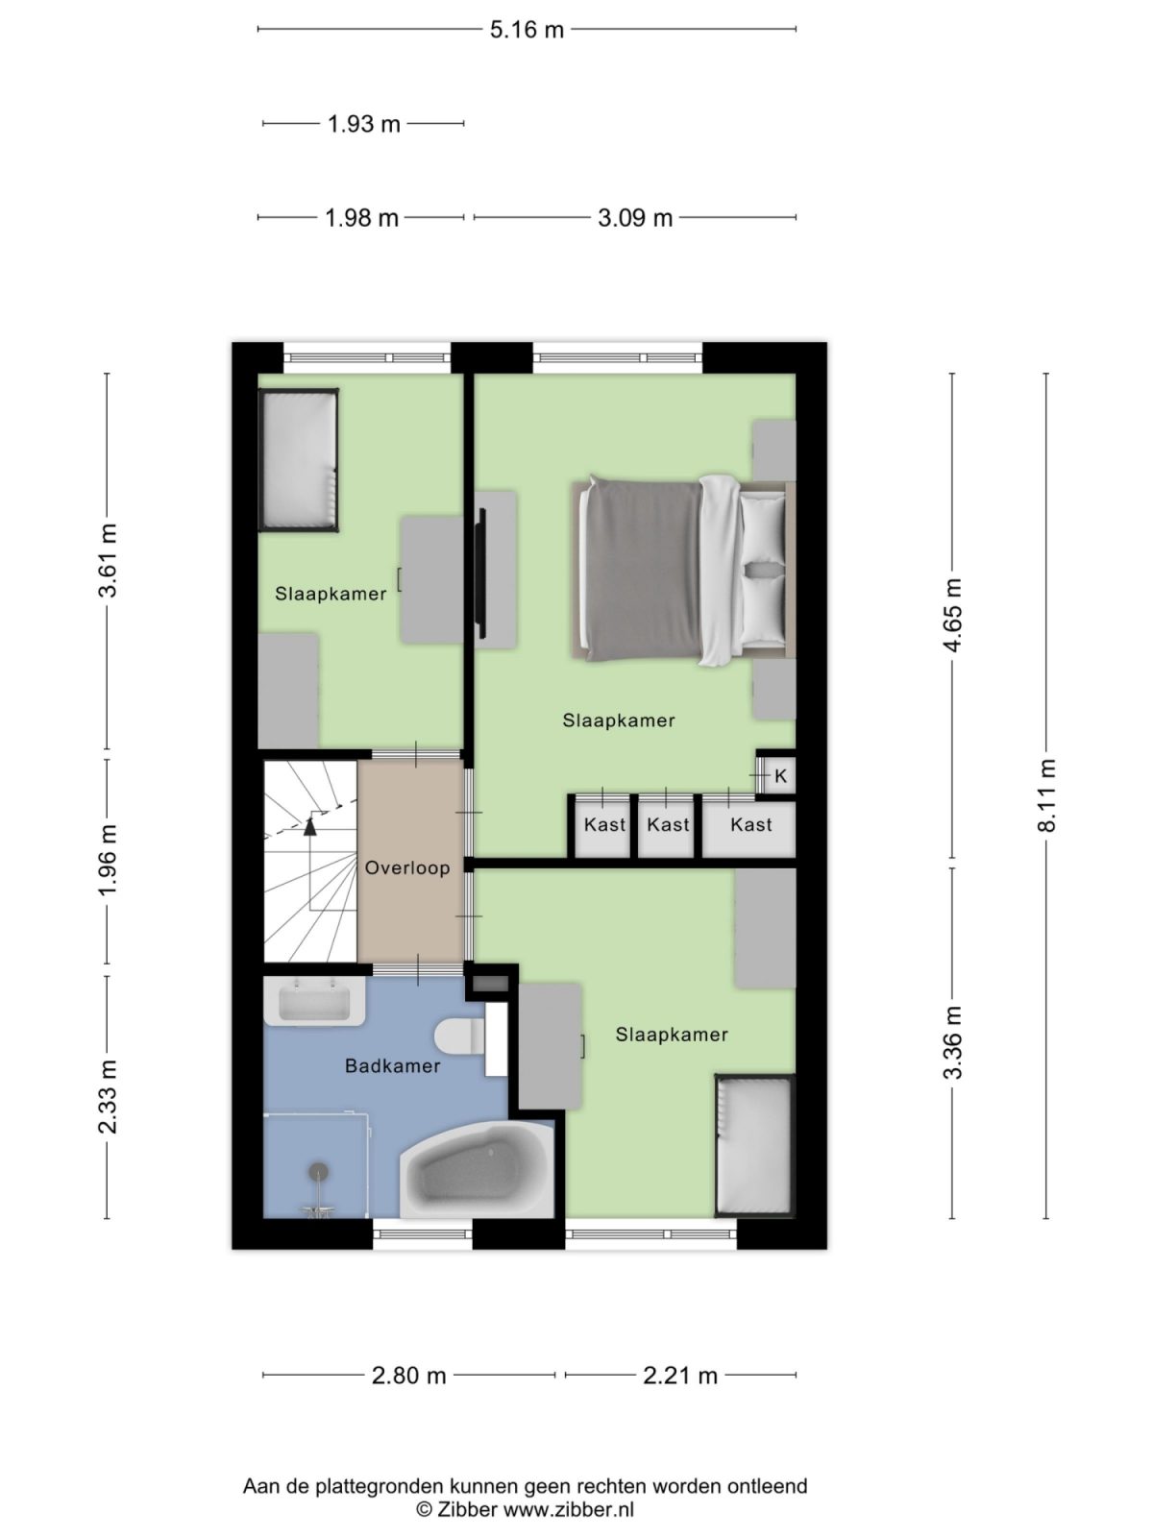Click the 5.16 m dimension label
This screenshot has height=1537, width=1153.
[527, 30]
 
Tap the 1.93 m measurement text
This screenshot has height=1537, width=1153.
[363, 124]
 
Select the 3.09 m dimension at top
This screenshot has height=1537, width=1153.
[634, 218]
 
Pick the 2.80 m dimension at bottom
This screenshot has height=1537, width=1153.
[408, 1376]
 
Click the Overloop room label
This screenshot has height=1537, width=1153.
[407, 868]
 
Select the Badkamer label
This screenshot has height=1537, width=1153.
[392, 1066]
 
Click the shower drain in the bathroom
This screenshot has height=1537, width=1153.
[318, 1172]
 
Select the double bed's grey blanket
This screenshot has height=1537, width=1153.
[642, 571]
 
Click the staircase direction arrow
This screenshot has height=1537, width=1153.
[310, 824]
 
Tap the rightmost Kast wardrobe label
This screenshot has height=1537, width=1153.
[750, 825]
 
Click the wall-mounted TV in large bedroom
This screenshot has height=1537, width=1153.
[481, 572]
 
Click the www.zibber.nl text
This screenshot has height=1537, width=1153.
[569, 1509]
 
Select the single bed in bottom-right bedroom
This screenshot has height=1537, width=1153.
[755, 1145]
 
